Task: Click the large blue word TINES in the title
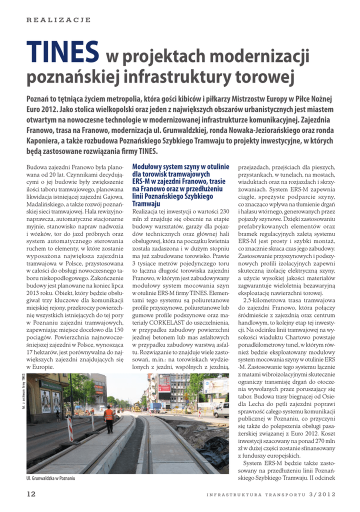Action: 62,52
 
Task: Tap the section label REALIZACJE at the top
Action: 58,20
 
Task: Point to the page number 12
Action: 31,494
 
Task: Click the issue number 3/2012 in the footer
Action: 322,495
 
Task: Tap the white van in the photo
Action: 221,409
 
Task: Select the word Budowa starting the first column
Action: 38,167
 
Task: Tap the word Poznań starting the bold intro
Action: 38,98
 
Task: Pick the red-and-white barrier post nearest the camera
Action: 70,429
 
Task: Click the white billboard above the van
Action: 215,386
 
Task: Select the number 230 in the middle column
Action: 224,211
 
